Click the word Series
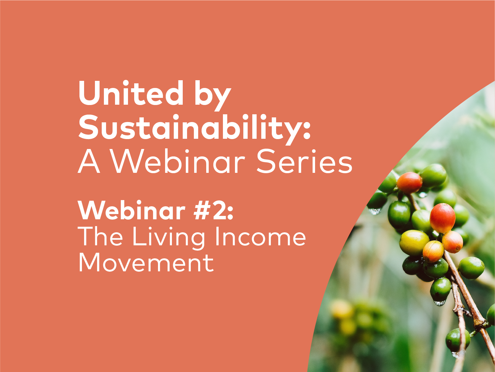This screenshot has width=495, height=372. pos(304,162)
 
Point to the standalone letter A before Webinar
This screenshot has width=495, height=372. pos(89,162)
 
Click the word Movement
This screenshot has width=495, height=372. pos(146,262)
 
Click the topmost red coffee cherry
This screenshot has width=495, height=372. pos(409,182)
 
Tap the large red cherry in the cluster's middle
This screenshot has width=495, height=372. pos(442,218)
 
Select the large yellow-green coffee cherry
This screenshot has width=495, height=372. pos(414,242)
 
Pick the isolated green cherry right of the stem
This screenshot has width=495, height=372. pos(471,268)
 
